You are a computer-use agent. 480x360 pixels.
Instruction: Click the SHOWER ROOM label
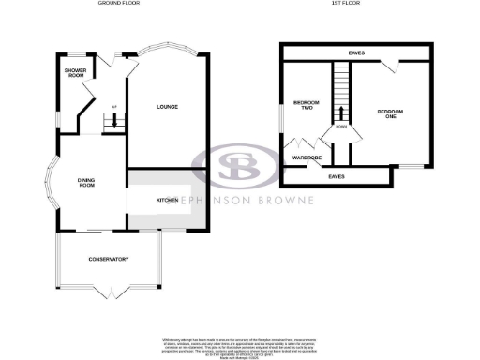75,73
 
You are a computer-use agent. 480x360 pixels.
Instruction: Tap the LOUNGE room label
169,106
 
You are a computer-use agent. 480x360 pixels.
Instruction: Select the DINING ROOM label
87,183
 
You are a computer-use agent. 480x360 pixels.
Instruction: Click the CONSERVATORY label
108,259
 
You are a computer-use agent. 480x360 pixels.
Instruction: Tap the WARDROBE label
307,157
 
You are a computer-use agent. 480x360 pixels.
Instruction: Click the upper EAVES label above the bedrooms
356,53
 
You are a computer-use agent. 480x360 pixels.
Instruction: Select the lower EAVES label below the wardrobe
336,175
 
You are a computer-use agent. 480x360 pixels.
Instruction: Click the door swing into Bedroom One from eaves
390,67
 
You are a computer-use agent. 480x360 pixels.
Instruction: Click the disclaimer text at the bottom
239,343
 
